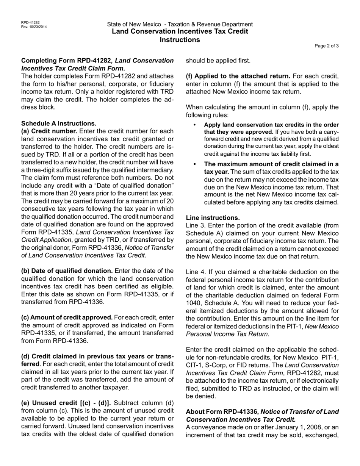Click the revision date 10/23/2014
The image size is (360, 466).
38,27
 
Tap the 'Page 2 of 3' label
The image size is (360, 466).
327,46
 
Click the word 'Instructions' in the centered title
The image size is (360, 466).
180,40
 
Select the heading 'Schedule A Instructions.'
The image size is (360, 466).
59,124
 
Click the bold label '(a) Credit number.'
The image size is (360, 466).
49,131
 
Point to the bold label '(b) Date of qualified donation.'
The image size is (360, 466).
67,271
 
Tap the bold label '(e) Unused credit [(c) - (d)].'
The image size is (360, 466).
66,403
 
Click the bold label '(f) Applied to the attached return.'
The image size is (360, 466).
238,76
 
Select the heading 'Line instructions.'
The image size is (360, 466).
213,218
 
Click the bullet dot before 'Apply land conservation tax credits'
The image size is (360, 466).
195,125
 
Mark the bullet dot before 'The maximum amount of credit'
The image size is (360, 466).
195,164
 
